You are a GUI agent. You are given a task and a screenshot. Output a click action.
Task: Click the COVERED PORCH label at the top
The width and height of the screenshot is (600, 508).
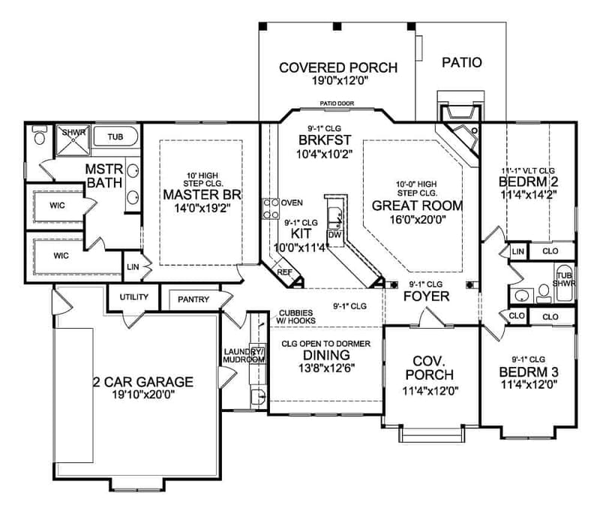[x=338, y=67]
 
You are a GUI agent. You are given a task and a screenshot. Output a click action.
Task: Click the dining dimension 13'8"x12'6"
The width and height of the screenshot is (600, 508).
[x=316, y=368]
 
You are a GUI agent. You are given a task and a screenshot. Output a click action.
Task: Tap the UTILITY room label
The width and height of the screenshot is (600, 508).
[x=134, y=297]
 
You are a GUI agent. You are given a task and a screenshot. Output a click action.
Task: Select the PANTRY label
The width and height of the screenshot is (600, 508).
[x=193, y=299]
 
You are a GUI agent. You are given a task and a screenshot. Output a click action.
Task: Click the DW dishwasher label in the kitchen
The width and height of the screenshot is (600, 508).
[x=335, y=235]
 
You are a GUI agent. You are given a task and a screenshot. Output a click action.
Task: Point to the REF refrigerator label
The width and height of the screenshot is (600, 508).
[x=284, y=273]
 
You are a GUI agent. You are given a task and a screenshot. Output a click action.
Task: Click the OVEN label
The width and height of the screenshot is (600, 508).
[x=292, y=203]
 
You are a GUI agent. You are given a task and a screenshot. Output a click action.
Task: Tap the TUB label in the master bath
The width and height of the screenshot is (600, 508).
[x=115, y=137]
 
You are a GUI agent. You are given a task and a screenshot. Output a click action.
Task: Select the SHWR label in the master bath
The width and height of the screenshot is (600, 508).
[x=74, y=133]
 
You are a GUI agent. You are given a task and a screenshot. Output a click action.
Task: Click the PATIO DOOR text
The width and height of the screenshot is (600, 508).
[x=337, y=104]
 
